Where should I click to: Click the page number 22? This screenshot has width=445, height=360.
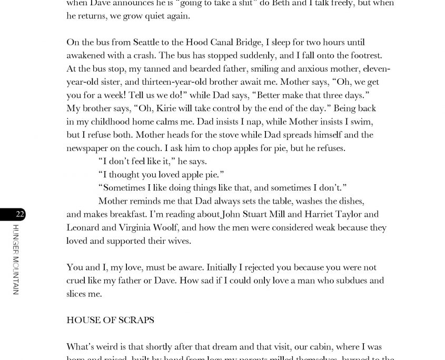coord(19,214)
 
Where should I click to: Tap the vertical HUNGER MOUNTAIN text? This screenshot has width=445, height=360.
coord(15,259)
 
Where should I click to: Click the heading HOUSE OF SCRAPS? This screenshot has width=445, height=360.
coord(110,320)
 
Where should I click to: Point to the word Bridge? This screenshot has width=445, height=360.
coord(246,42)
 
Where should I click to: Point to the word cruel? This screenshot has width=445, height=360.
coord(77,281)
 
